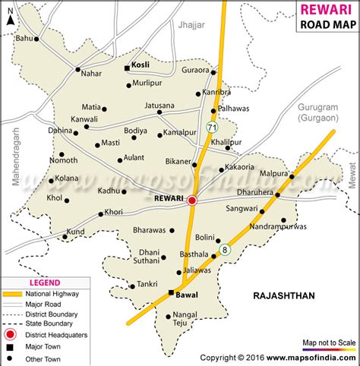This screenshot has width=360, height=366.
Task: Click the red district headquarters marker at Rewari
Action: click(192, 200)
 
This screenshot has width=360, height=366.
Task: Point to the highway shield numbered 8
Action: click(224, 248)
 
